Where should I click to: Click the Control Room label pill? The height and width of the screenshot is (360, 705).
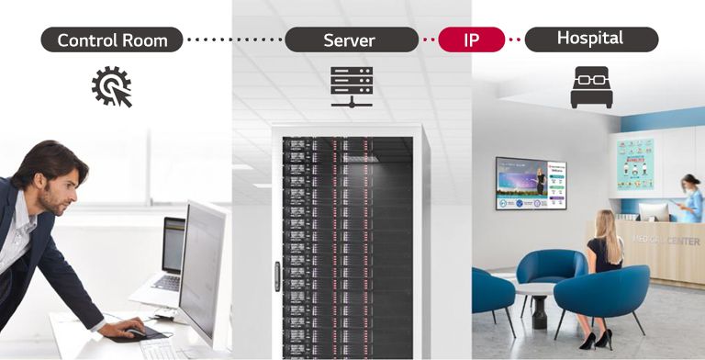(112, 39)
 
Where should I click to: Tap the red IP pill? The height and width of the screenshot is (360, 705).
(472, 39)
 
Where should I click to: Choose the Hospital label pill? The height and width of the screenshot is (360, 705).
(589, 39)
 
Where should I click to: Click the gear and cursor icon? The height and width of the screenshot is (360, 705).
(112, 88)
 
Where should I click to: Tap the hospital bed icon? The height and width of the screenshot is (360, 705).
(591, 87)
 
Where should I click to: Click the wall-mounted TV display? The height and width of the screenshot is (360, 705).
(531, 183)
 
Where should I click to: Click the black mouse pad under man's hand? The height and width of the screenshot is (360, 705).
(135, 332)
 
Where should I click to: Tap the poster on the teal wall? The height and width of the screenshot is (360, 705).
(635, 164)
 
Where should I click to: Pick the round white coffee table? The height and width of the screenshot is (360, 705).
(532, 292)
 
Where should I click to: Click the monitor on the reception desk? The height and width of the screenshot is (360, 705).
(653, 211)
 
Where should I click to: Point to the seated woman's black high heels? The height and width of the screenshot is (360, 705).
(600, 339)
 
